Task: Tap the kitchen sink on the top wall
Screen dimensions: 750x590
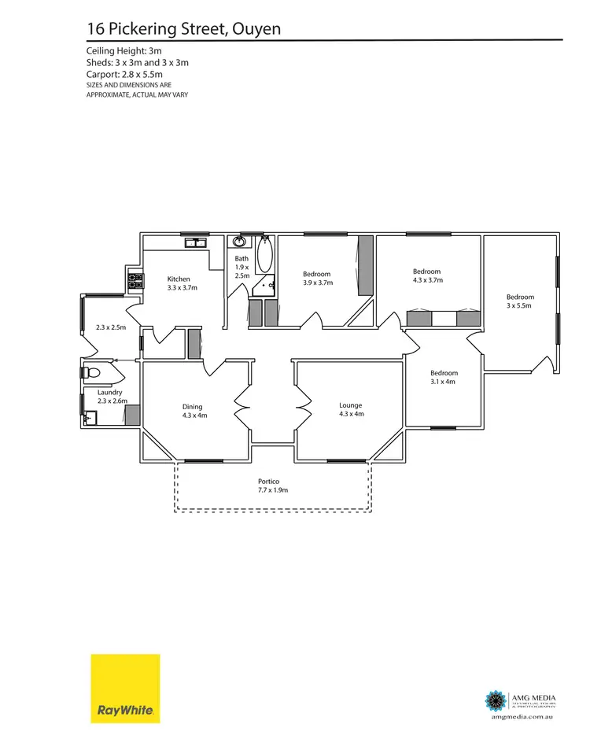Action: point(191,244)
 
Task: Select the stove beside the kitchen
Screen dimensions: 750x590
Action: point(134,280)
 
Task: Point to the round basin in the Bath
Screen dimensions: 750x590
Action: point(240,243)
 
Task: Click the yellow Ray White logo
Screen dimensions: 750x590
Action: point(125,689)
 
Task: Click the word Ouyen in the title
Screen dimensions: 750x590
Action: point(253,30)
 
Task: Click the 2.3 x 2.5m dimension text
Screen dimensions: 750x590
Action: point(111,327)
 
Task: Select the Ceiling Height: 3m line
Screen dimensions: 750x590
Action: point(124,50)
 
